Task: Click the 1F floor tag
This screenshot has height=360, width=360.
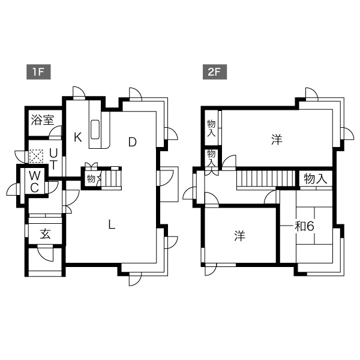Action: tap(38, 72)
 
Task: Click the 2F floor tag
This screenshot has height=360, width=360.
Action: tap(214, 72)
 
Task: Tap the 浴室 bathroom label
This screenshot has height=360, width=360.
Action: tap(43, 120)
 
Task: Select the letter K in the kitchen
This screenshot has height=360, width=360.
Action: tap(78, 137)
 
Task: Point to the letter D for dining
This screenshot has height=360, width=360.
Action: tap(132, 142)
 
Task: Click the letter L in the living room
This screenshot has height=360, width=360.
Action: tap(112, 224)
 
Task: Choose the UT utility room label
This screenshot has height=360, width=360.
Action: tap(53, 158)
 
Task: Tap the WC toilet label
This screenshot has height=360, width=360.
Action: tap(34, 182)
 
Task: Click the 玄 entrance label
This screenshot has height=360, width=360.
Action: tap(45, 234)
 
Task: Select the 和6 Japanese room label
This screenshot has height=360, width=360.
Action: tap(304, 227)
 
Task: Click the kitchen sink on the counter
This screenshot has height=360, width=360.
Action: tap(95, 130)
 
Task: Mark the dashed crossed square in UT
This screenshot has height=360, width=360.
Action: tap(36, 157)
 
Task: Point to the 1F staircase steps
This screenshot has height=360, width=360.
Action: tap(112, 178)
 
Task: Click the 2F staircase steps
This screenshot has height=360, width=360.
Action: tap(266, 178)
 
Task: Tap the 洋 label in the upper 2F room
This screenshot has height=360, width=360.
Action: tap(277, 140)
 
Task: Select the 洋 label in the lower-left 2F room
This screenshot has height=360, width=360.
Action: tap(239, 236)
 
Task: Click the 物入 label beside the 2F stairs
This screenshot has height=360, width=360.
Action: tap(316, 179)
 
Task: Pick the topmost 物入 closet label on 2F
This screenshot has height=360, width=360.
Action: tap(211, 128)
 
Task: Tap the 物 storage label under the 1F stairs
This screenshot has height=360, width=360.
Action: tap(91, 179)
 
